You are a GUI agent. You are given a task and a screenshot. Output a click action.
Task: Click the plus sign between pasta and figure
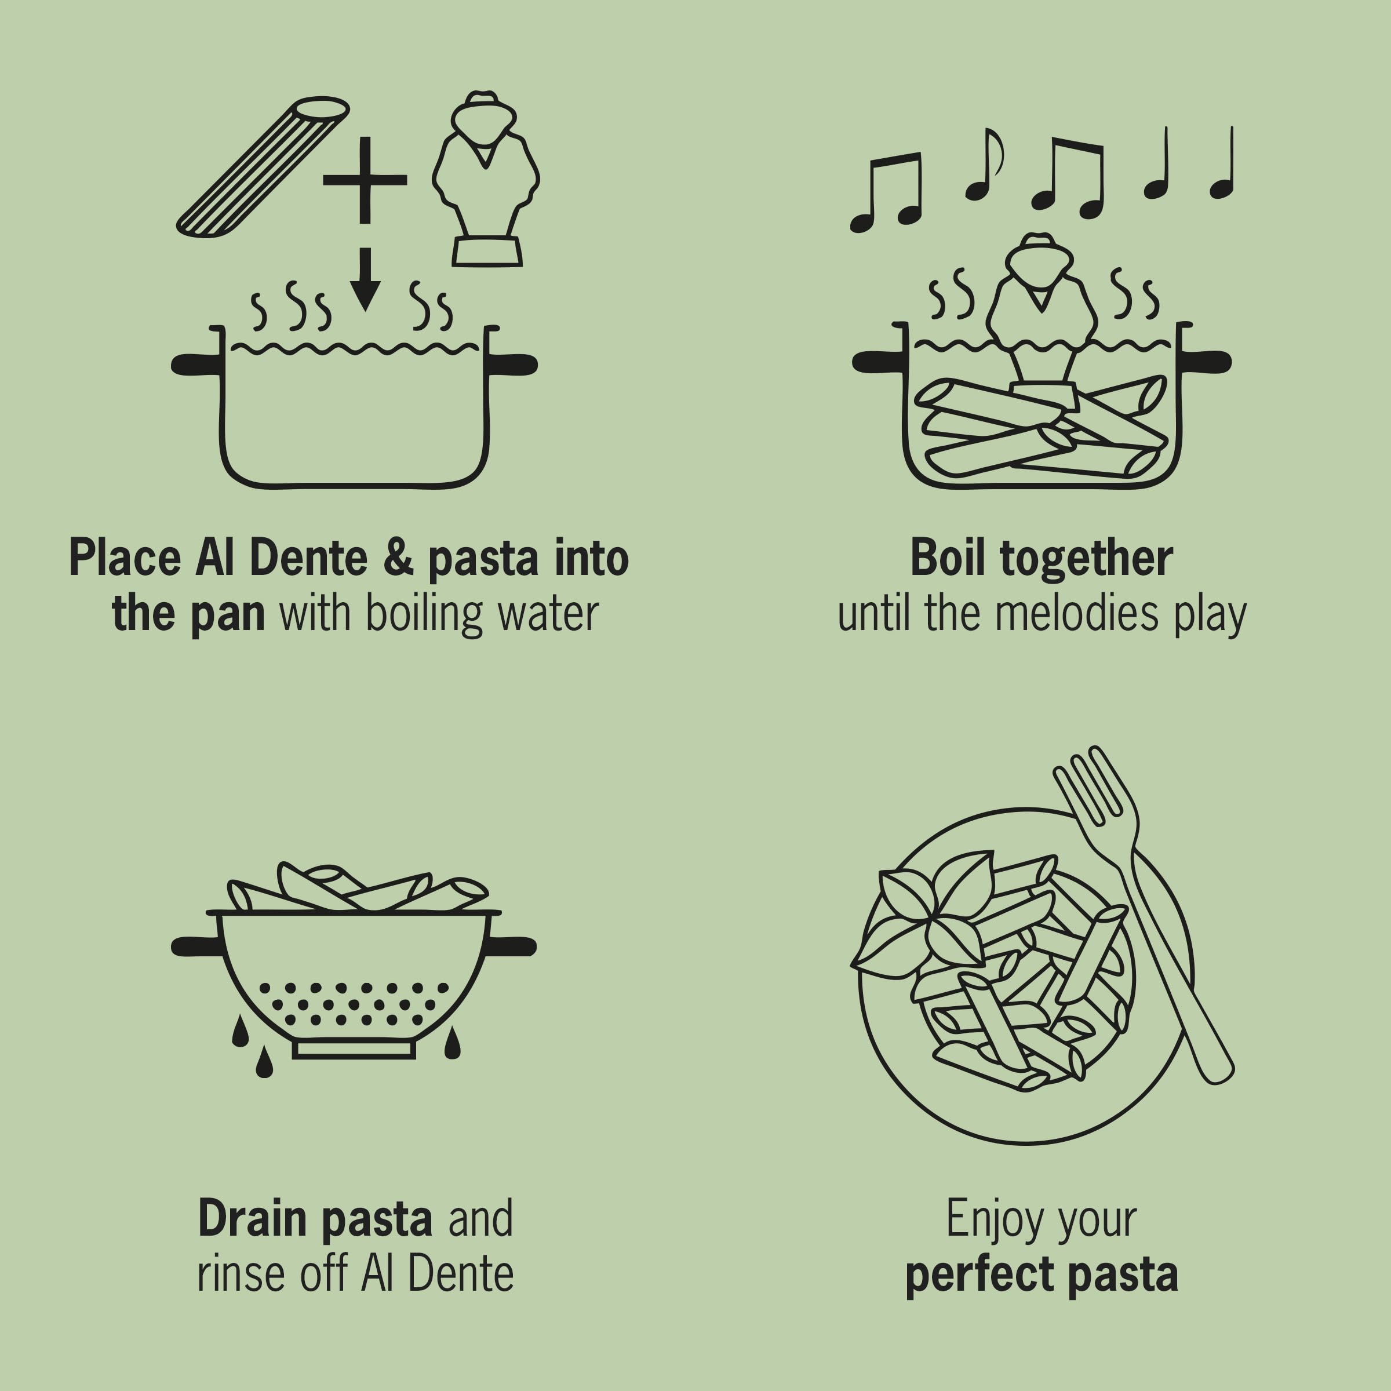(x=365, y=180)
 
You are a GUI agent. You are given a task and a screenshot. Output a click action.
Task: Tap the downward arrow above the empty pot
(x=365, y=280)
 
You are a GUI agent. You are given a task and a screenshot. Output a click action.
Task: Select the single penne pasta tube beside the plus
(x=263, y=167)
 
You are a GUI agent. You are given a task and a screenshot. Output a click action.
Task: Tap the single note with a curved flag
(x=984, y=166)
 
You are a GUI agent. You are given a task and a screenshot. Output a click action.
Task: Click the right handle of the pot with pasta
(x=1206, y=362)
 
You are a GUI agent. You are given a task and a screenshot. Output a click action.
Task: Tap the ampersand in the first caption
(x=398, y=558)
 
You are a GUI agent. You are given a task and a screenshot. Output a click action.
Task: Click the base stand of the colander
(x=354, y=1049)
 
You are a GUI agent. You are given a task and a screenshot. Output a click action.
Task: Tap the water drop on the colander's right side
(x=452, y=1044)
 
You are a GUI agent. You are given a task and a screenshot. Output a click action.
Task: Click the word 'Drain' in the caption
(x=253, y=1219)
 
